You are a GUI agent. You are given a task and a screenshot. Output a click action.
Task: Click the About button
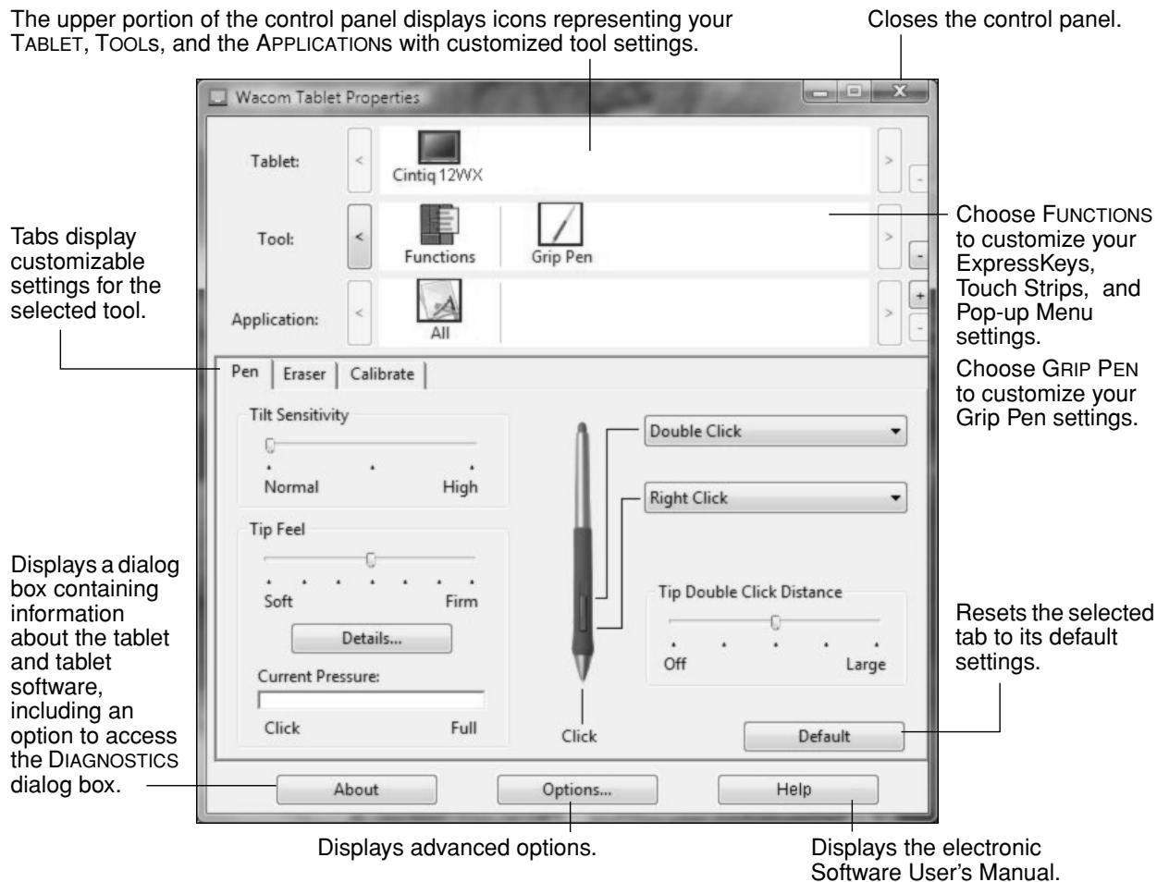pos(356,789)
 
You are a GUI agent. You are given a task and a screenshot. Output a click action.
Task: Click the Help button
pos(798,789)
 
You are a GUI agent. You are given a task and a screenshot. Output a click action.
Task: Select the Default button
pos(823,736)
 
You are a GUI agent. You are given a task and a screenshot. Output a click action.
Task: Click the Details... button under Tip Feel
pos(371,638)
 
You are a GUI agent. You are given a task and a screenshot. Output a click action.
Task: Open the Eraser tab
pos(304,375)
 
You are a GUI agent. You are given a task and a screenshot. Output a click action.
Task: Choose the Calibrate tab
pos(382,375)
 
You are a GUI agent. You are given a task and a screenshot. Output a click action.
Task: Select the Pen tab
pos(245,374)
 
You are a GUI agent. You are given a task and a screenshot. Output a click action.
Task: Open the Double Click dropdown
pos(774,431)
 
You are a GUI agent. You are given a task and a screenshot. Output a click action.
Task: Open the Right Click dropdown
pos(774,497)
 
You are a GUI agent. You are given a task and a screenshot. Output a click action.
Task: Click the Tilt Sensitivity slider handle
pos(270,445)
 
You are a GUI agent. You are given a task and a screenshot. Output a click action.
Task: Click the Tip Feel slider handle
pos(371,558)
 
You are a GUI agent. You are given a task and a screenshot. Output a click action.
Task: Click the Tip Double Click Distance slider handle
pos(775,621)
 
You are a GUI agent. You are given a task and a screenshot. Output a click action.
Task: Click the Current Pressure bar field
pos(371,700)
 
